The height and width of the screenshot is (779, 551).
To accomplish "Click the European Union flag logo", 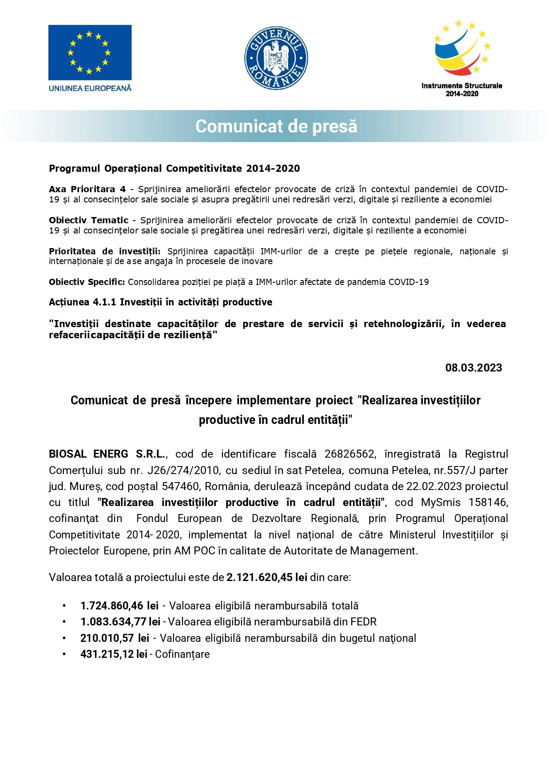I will tap(90, 52).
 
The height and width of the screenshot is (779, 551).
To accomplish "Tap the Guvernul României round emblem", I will tap(276, 58).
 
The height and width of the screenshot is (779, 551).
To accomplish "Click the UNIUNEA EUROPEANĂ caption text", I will tap(90, 88).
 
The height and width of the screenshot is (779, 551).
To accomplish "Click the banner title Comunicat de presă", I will tap(276, 126).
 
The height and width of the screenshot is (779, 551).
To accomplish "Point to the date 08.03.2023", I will tap(473, 368).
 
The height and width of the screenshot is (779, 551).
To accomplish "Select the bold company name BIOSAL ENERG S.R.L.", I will tap(107, 454).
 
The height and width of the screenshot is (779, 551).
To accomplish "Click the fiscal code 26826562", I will tap(349, 454).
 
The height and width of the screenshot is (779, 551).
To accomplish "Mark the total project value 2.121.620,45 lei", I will tap(266, 577).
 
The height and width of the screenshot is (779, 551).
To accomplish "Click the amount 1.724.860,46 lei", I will tap(119, 606).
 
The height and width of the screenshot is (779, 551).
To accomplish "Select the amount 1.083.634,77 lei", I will tap(120, 622).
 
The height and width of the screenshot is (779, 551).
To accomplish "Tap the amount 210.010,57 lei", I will tap(115, 638).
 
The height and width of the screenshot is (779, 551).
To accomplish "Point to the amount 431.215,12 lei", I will tap(114, 654).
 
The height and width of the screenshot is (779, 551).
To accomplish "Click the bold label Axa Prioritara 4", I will tap(87, 189).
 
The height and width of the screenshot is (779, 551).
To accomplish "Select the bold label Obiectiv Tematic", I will tap(88, 220).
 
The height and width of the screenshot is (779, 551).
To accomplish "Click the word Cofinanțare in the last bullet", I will tap(182, 654).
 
